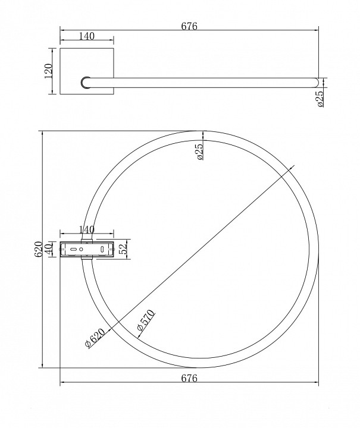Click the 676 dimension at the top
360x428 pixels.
tap(189, 26)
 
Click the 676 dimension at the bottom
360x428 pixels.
tap(189, 378)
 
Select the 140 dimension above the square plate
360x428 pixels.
tap(87, 36)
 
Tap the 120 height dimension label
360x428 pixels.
tap(48, 71)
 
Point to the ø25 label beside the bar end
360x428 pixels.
tap(320, 99)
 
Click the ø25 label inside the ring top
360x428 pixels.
tap(200, 152)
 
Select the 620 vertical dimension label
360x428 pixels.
tap(39, 249)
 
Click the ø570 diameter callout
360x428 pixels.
tap(146, 320)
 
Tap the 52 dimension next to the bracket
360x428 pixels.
tap(124, 249)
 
